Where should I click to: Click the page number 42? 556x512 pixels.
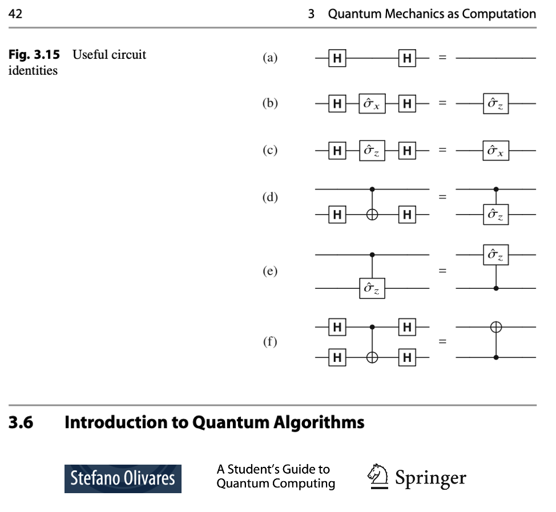pyautogui.click(x=15, y=14)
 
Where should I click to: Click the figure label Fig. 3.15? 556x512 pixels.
pyautogui.click(x=34, y=55)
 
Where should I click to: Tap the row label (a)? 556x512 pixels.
pyautogui.click(x=270, y=58)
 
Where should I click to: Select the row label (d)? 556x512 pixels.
pyautogui.click(x=270, y=197)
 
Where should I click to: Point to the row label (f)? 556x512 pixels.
pyautogui.click(x=270, y=341)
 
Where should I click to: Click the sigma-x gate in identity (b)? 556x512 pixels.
pyautogui.click(x=372, y=103)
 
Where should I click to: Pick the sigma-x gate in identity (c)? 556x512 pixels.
pyautogui.click(x=495, y=151)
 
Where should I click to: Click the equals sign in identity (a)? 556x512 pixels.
pyautogui.click(x=442, y=58)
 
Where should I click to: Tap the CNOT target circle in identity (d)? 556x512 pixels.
pyautogui.click(x=372, y=215)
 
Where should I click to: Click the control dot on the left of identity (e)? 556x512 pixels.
pyautogui.click(x=372, y=255)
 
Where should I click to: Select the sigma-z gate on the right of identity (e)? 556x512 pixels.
pyautogui.click(x=495, y=255)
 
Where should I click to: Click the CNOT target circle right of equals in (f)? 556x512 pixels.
pyautogui.click(x=495, y=327)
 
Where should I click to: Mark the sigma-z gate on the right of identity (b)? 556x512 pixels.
pyautogui.click(x=495, y=103)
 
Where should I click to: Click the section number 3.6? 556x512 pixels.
pyautogui.click(x=21, y=422)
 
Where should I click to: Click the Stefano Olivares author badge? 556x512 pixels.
pyautogui.click(x=123, y=479)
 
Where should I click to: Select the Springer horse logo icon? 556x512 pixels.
pyautogui.click(x=378, y=477)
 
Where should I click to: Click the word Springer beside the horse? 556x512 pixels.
pyautogui.click(x=430, y=478)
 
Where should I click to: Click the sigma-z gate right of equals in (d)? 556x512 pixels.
pyautogui.click(x=495, y=215)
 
